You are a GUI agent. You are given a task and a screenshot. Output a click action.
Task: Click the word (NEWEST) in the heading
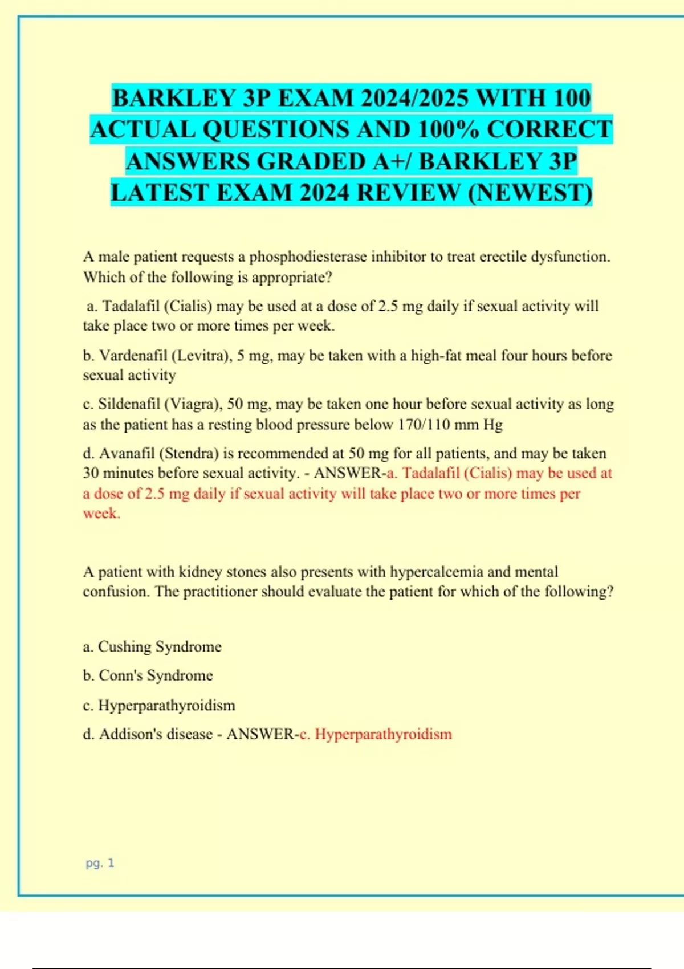point(530,193)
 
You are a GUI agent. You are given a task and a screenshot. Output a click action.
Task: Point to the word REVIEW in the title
point(408,193)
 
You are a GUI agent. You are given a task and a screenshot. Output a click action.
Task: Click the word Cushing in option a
point(124,647)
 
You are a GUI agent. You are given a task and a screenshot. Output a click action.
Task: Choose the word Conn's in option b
point(121,676)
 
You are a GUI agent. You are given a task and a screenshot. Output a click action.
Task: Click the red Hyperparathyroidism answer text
point(383,734)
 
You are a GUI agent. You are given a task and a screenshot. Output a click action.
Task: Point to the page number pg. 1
point(100,863)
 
